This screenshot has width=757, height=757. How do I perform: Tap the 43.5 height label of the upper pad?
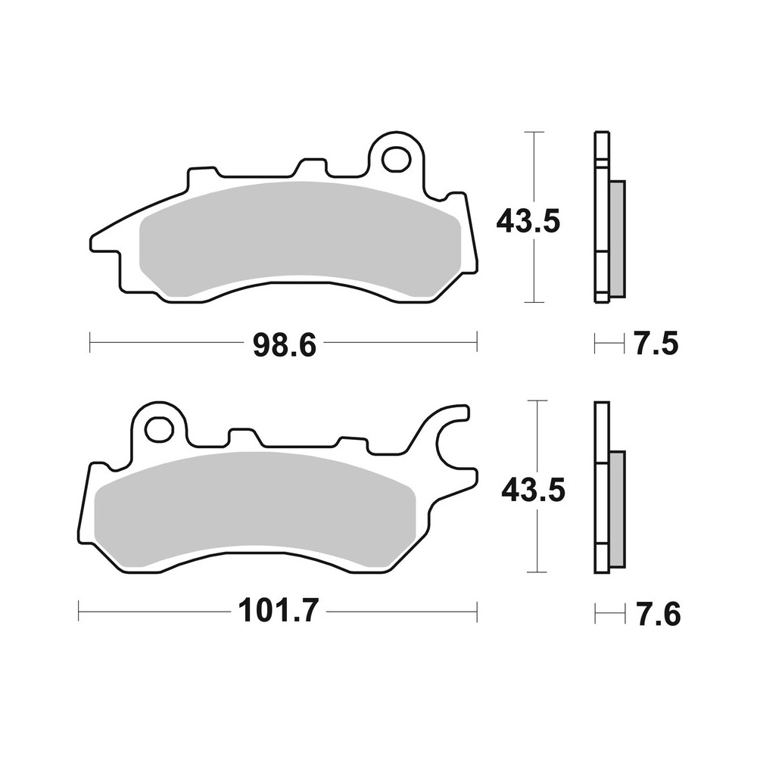coord(528,221)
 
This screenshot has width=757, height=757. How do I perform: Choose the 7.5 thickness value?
coord(656,345)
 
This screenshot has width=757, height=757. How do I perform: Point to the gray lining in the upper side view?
coord(616,238)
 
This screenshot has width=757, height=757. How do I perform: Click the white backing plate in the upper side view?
coord(601,220)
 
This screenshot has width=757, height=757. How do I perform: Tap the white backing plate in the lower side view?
coord(601,492)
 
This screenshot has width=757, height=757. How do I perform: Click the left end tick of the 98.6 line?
coord(90,341)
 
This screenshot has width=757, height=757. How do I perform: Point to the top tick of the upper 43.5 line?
coord(534,132)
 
